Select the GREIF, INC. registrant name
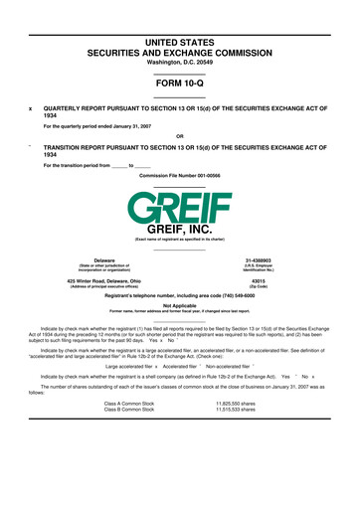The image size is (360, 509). [179, 231]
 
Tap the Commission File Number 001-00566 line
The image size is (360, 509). [180, 174]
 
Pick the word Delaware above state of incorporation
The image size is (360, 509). [103, 260]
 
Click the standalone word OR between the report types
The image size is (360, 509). [179, 135]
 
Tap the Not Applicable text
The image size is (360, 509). [179, 305]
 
